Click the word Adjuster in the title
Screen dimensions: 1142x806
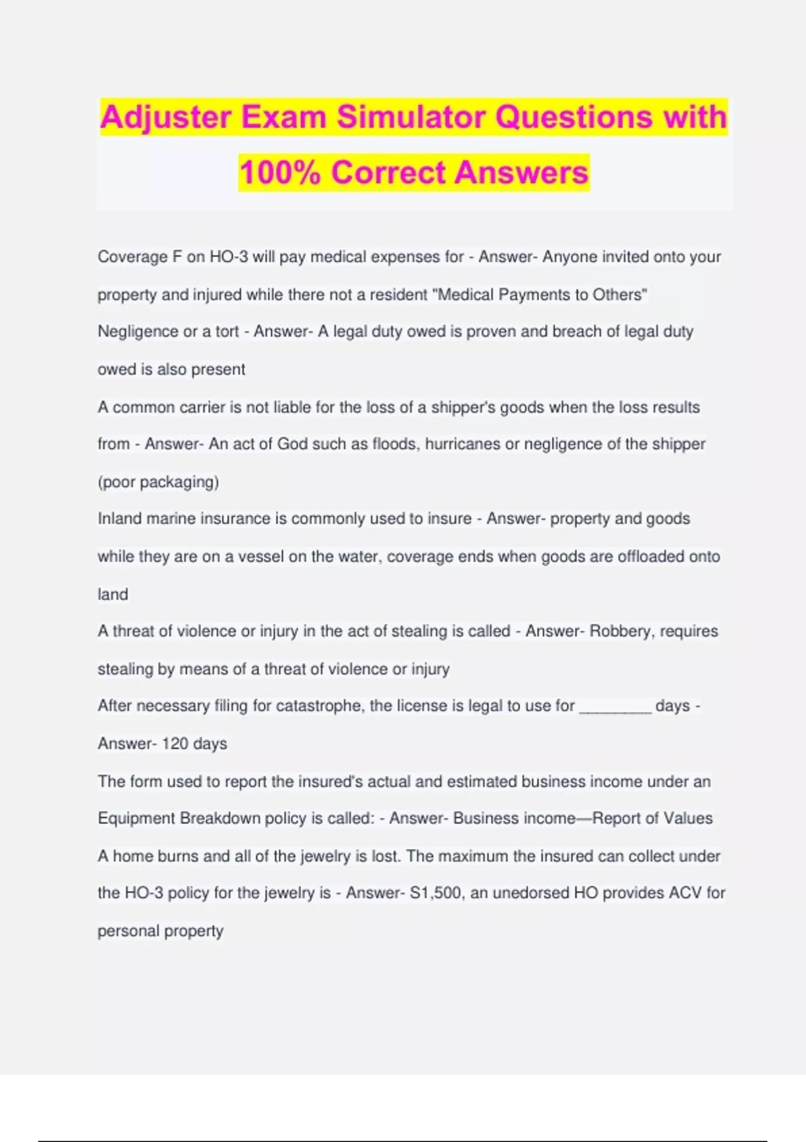pos(165,117)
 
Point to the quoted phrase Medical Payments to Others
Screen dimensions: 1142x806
pos(542,294)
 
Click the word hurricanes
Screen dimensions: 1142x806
pos(463,444)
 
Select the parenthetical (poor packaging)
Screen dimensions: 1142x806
pos(159,482)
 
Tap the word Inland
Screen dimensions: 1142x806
pos(120,519)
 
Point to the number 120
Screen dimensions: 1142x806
pos(175,744)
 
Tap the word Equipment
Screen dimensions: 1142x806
pos(136,818)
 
